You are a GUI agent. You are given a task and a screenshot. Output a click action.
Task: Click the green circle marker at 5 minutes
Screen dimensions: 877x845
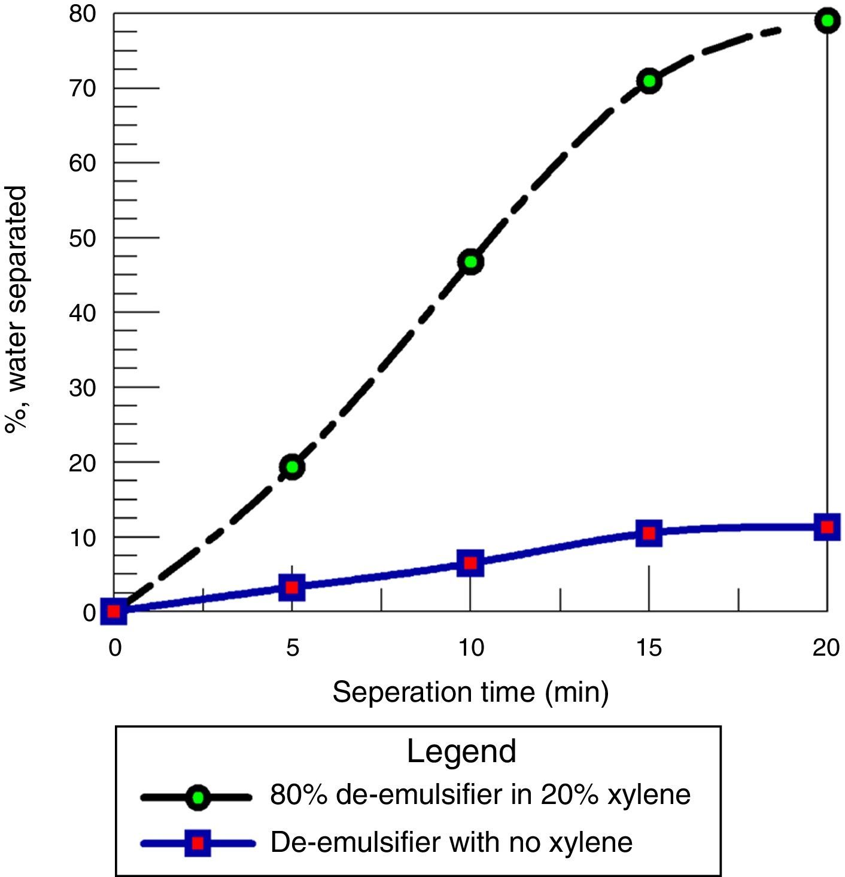point(292,467)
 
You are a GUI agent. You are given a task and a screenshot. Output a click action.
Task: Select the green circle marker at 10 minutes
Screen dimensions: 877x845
point(470,262)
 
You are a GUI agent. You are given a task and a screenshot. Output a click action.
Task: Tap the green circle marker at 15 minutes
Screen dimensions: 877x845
point(649,81)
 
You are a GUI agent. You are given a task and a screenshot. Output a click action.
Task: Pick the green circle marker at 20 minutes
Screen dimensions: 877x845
point(827,21)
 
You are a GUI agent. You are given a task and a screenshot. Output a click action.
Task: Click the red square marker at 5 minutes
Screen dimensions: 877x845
point(292,587)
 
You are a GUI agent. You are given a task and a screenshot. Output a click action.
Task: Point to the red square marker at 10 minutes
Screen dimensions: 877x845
point(470,563)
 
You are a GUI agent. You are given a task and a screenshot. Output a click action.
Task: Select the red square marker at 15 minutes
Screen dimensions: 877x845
point(649,532)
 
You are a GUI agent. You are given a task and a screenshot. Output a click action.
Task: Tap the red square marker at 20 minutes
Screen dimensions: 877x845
point(827,527)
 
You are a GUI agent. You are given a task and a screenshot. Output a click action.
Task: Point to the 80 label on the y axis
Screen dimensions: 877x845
point(83,14)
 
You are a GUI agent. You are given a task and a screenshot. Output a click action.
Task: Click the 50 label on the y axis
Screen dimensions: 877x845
point(83,238)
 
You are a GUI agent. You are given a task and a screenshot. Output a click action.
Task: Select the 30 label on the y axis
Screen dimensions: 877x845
point(83,388)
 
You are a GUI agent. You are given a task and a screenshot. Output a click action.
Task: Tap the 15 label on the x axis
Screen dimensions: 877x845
point(649,648)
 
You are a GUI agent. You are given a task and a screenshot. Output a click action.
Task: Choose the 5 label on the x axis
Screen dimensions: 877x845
point(292,648)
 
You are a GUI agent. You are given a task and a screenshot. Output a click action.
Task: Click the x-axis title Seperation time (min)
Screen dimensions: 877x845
point(470,692)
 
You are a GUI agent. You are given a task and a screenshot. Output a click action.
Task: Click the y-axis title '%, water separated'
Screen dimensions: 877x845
point(16,309)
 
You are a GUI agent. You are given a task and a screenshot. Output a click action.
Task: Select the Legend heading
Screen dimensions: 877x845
point(461,751)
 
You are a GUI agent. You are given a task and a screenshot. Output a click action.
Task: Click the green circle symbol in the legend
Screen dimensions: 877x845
point(197,797)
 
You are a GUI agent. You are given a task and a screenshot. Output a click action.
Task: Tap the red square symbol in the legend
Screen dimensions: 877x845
point(197,843)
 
